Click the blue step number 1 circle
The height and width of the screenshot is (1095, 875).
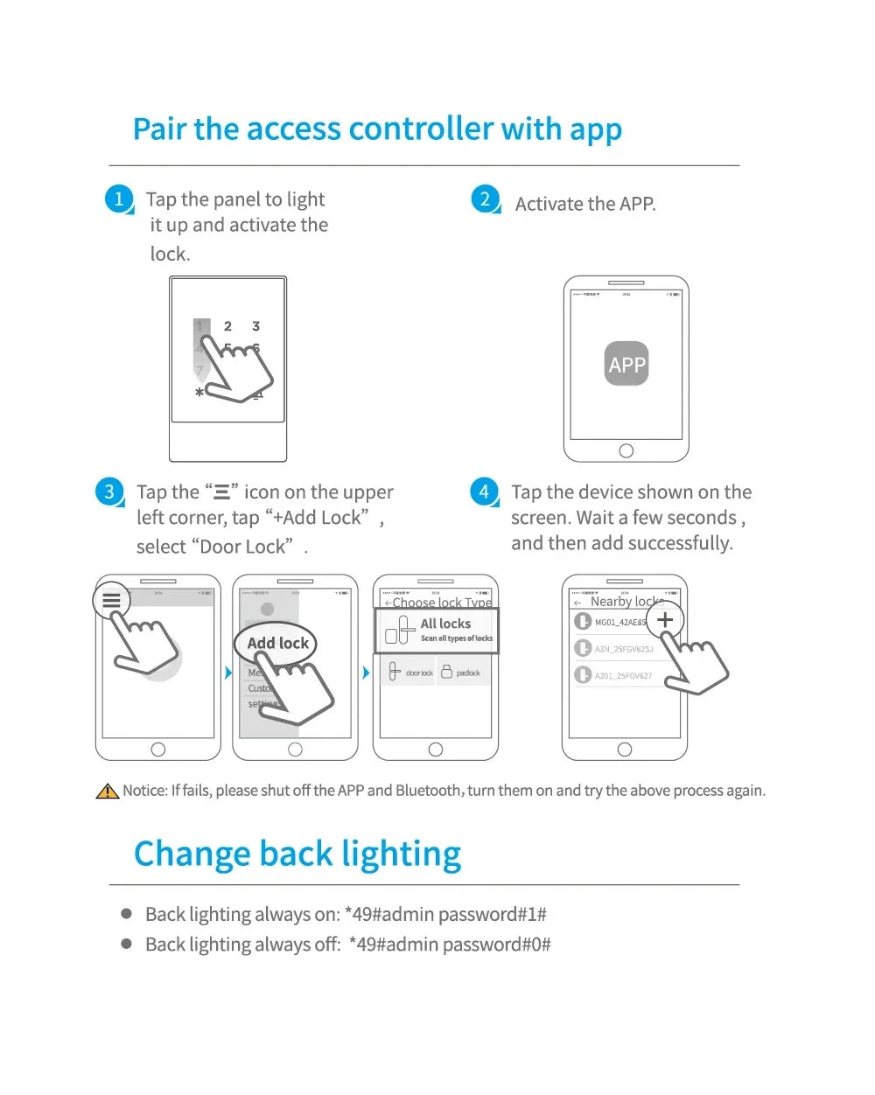[119, 199]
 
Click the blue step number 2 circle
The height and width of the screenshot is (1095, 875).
[485, 199]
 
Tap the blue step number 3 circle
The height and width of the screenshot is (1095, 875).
[109, 491]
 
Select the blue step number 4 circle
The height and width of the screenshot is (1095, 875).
[484, 491]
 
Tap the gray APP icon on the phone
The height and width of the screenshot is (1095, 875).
[626, 364]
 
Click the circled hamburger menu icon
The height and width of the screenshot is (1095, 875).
[111, 601]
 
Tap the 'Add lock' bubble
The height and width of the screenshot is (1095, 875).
[277, 643]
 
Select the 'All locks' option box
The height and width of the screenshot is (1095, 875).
[437, 630]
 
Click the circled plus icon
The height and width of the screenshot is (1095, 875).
[665, 619]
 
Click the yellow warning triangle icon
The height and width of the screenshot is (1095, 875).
[107, 791]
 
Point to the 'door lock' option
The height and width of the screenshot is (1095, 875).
[411, 673]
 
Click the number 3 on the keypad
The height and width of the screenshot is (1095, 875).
[255, 326]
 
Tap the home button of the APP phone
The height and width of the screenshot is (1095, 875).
[626, 450]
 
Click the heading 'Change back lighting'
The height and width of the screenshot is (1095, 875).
[297, 854]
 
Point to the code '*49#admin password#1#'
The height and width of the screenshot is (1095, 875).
[445, 914]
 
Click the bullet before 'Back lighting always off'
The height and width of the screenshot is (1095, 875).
[127, 944]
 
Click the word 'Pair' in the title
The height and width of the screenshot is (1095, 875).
[160, 129]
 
